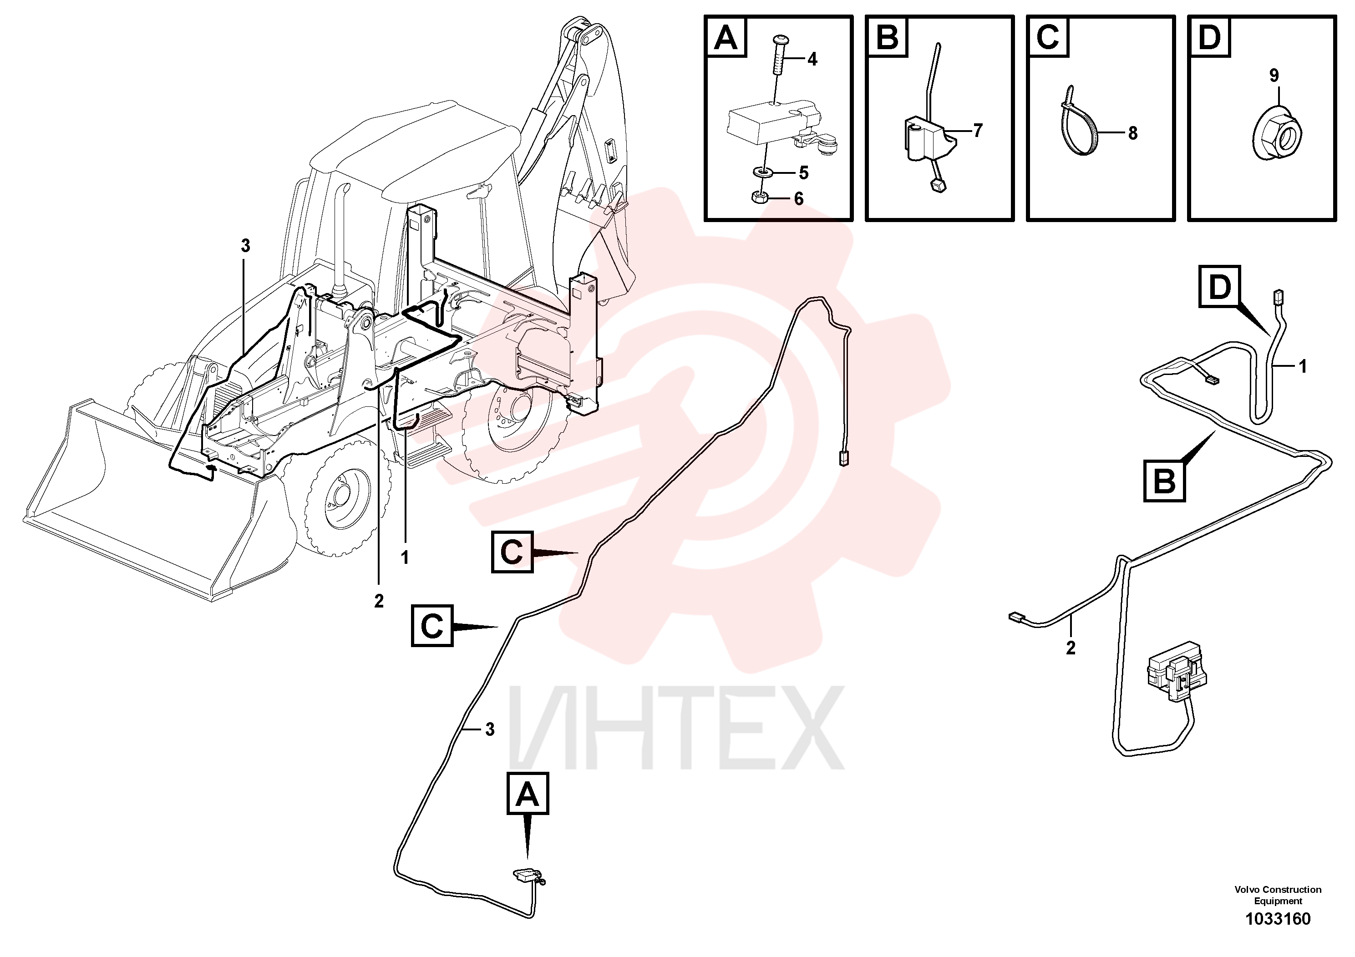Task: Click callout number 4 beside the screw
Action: click(812, 60)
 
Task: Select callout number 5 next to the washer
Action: click(803, 173)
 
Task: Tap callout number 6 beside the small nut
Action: click(798, 199)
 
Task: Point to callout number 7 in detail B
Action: click(978, 131)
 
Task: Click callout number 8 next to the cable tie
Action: click(1132, 133)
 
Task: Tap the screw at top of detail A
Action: click(779, 61)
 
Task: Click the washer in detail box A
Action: click(764, 173)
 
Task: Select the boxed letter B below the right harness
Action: click(1164, 481)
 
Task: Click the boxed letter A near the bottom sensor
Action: click(528, 794)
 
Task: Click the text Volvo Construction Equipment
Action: click(1278, 895)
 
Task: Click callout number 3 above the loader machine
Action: click(245, 246)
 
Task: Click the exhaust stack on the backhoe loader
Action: click(340, 239)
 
